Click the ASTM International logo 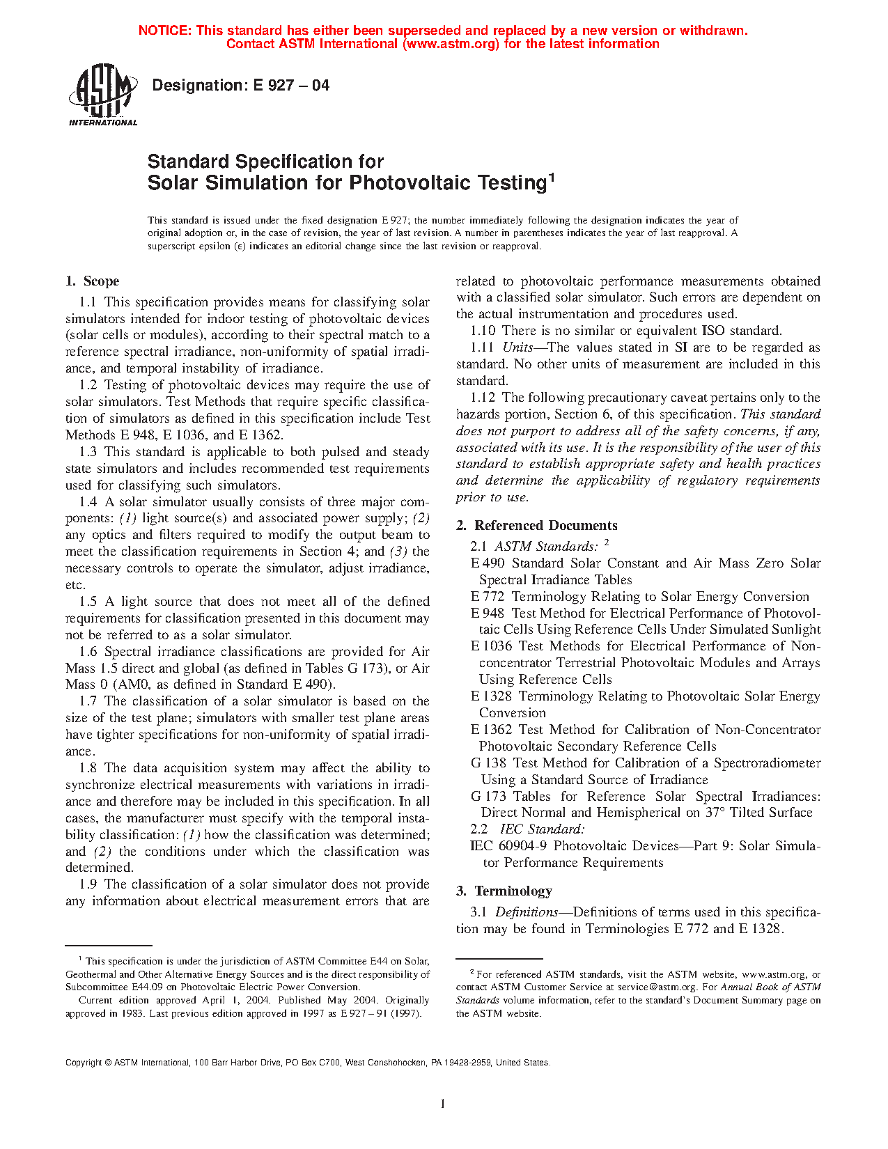102,95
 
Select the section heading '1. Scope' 93,281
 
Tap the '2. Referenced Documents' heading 537,526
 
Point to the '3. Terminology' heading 504,891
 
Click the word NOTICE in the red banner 165,31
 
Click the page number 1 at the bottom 443,1103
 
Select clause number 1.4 88,502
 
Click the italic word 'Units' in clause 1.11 517,347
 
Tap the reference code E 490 488,563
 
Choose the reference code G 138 488,763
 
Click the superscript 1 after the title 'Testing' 551,177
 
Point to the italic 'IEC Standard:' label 542,829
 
